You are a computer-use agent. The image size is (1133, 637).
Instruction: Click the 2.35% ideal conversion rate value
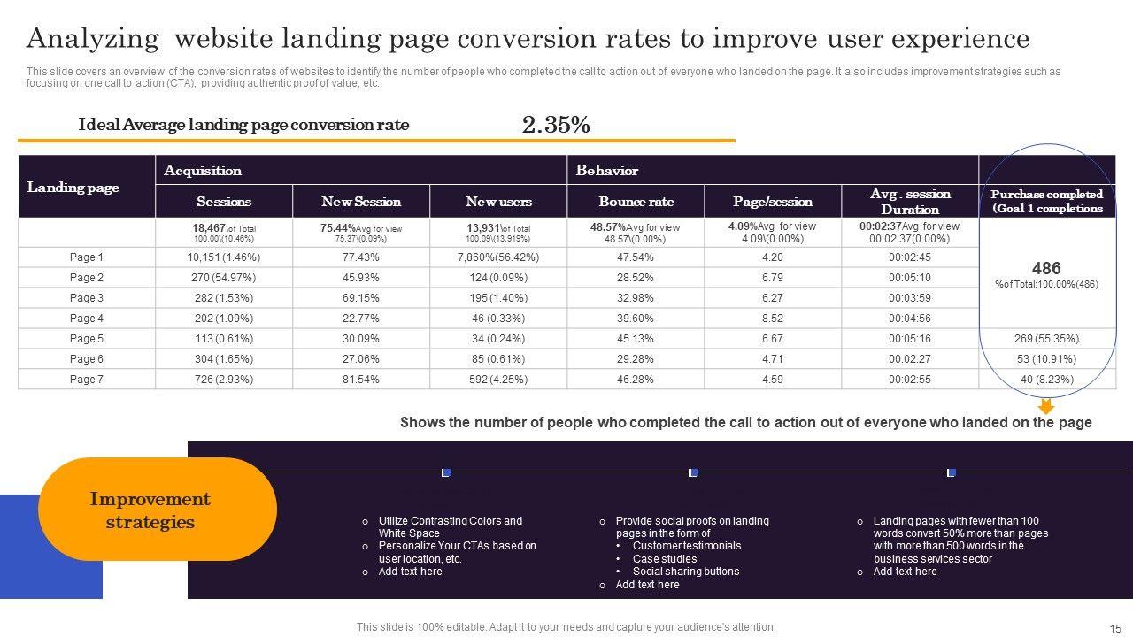(x=556, y=126)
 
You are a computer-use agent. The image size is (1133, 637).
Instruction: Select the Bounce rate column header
(x=636, y=202)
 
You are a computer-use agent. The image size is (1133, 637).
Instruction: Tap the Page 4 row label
(x=87, y=318)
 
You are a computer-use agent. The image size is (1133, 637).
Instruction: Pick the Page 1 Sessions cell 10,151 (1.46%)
(x=224, y=257)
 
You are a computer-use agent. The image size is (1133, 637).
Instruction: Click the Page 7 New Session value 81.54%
(x=360, y=379)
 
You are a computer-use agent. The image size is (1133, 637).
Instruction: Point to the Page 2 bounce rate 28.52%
(x=636, y=278)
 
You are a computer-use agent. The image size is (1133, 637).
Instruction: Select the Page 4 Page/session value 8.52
(x=773, y=318)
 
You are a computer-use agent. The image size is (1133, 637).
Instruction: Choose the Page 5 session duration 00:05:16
(x=909, y=338)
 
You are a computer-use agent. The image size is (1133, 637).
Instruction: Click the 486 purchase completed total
(x=1046, y=268)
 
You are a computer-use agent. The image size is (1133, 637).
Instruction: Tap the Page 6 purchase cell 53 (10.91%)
(x=1046, y=358)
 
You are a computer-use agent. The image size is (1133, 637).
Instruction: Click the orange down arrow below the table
(x=1046, y=406)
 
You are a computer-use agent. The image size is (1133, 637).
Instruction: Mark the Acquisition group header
(x=203, y=171)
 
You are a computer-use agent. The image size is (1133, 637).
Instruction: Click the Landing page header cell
(x=73, y=187)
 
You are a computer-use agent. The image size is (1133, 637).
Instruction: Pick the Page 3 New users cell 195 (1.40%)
(x=498, y=298)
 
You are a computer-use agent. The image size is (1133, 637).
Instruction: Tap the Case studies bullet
(x=664, y=559)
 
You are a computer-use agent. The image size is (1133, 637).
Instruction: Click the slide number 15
(x=1114, y=627)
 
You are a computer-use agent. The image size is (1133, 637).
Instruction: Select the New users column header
(x=498, y=202)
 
